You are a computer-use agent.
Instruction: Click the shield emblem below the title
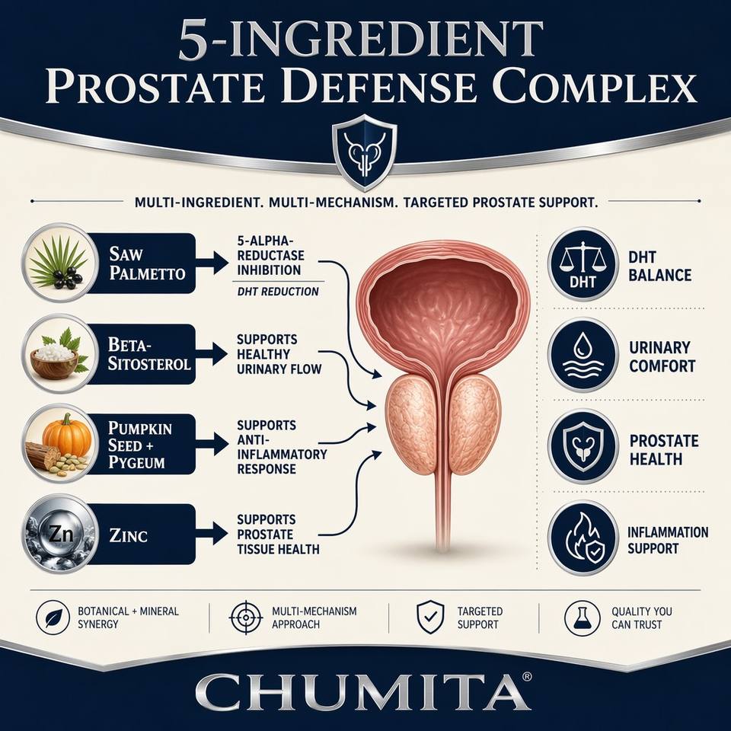click(365, 152)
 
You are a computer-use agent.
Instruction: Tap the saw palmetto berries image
click(59, 263)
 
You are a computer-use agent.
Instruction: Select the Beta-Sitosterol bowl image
click(59, 353)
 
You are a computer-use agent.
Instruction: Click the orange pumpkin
click(67, 435)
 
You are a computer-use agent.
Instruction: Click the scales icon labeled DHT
click(583, 264)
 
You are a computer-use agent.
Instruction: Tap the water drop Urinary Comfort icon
click(583, 355)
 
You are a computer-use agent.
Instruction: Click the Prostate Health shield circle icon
click(583, 446)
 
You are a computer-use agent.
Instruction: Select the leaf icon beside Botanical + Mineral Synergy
click(53, 618)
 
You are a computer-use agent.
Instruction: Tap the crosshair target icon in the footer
click(246, 618)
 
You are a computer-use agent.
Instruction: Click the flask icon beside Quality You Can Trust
click(582, 618)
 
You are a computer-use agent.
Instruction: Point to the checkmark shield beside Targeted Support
click(429, 617)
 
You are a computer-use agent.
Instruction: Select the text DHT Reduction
click(278, 292)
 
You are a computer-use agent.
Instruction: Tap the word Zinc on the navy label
click(128, 535)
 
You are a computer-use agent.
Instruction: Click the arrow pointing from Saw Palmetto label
click(212, 263)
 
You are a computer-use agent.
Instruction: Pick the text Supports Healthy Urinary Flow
click(279, 354)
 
